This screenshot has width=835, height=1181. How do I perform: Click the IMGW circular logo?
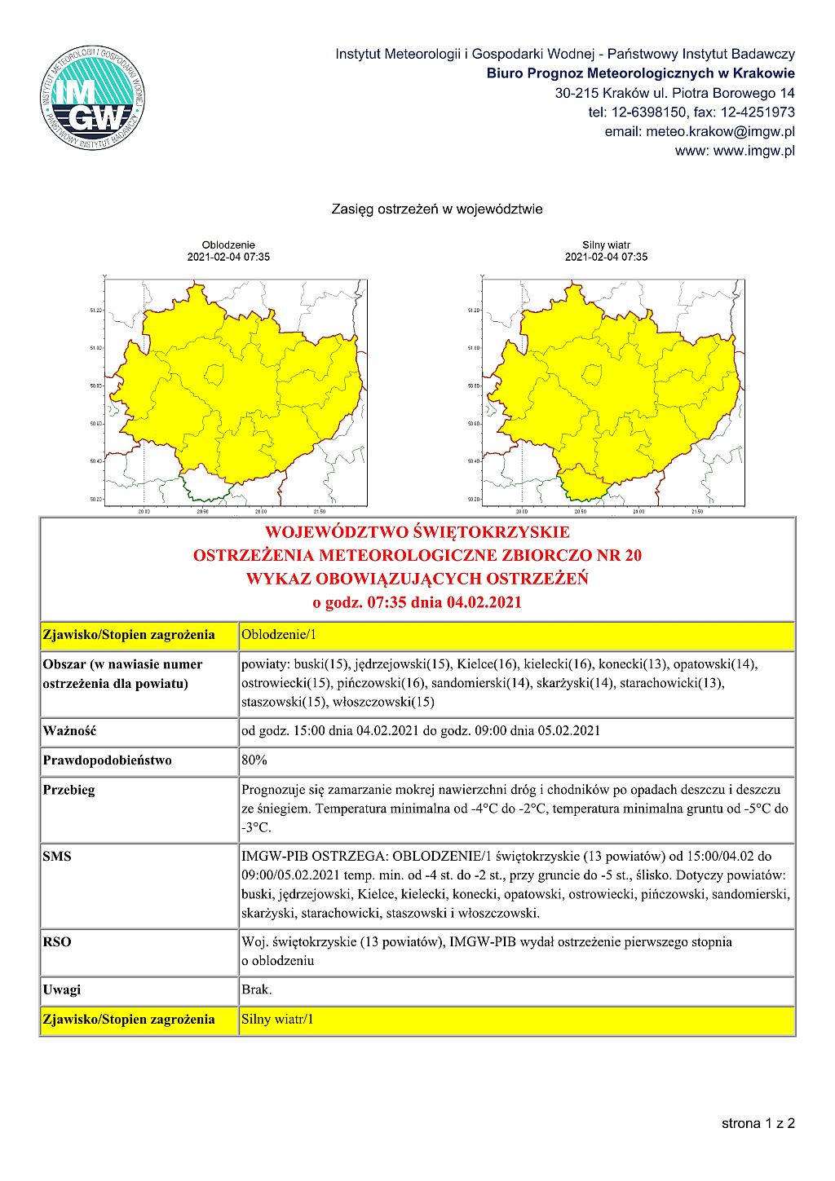pos(92,99)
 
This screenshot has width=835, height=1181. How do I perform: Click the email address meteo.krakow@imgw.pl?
pos(699,131)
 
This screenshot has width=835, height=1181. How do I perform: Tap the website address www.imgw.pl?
pos(734,151)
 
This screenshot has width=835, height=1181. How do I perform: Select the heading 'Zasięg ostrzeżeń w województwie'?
pos(436,209)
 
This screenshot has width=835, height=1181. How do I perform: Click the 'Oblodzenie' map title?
pos(228,245)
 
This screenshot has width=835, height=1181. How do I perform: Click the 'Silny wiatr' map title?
pos(606,245)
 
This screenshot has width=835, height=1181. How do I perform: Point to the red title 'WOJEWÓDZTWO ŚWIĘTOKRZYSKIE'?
pos(417,532)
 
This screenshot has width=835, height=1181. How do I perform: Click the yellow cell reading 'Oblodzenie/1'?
pos(515,635)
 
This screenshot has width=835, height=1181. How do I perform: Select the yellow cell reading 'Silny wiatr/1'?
pos(515,1020)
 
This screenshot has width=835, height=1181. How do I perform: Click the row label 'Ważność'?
pos(69,731)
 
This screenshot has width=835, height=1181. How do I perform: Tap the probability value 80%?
pos(254,760)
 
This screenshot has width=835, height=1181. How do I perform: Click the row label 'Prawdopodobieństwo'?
pos(107,760)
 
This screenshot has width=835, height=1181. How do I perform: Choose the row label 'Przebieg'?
pos(68,790)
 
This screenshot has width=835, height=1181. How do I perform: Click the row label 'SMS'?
pos(57,857)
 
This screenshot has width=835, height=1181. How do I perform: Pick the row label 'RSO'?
pos(57,942)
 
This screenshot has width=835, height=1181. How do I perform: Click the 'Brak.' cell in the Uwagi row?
pos(257,990)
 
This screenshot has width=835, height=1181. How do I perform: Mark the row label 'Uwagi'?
pos(62,990)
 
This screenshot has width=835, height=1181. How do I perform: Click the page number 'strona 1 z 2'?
pos(758,1123)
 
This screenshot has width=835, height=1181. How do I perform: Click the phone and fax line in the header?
pos(691,112)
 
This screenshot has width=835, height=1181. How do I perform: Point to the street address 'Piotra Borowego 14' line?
pos(674,93)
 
